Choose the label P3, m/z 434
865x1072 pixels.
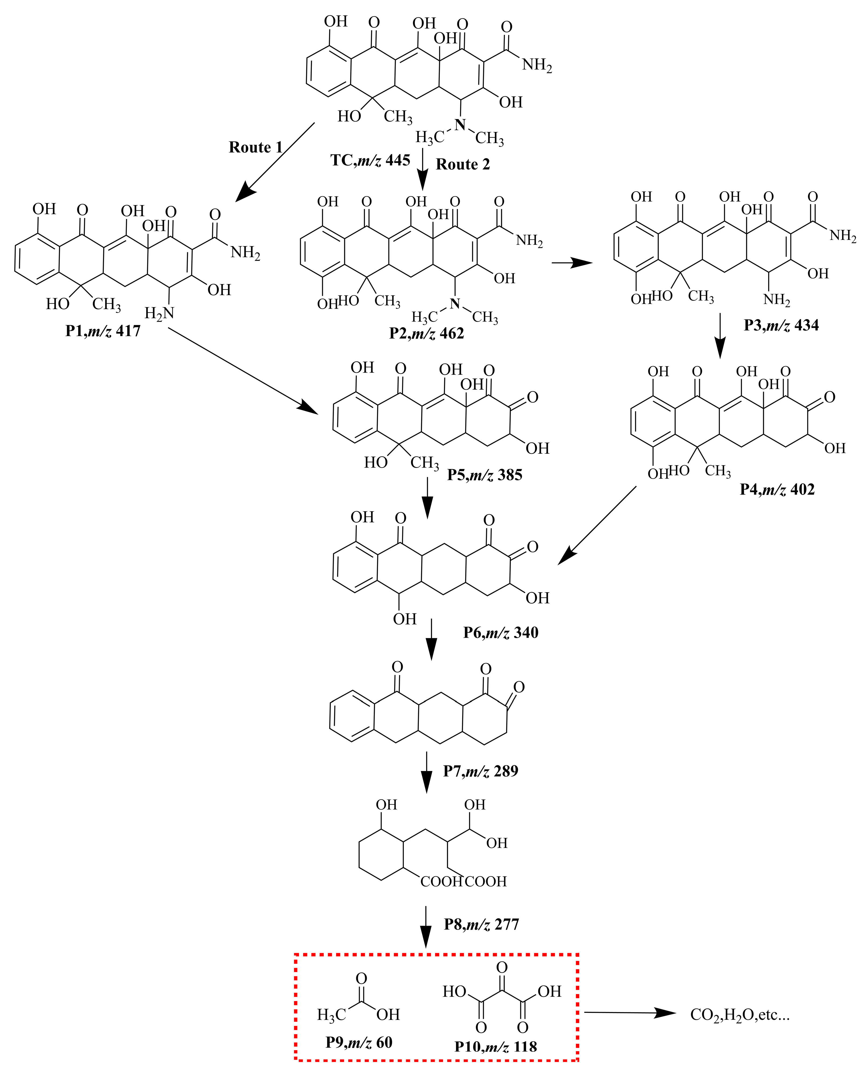(x=781, y=325)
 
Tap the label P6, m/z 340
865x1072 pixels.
(x=500, y=633)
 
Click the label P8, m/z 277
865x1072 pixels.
(x=481, y=924)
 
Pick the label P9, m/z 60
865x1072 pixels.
(x=359, y=1042)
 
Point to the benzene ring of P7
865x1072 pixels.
(x=351, y=716)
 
